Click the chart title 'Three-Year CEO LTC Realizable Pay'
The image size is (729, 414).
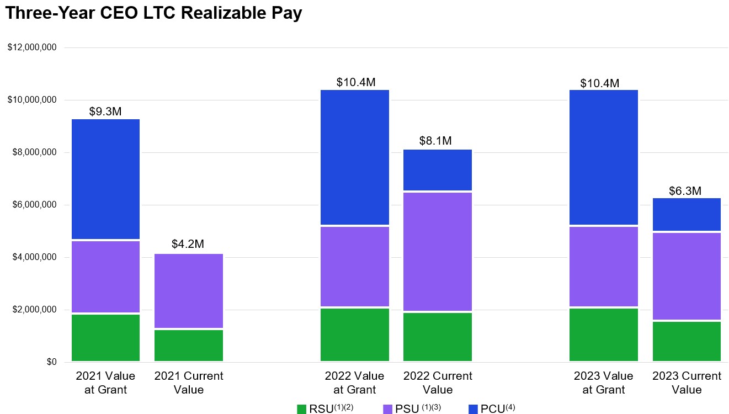click(153, 13)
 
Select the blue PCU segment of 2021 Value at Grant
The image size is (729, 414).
click(105, 179)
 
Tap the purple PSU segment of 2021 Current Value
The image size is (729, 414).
click(189, 290)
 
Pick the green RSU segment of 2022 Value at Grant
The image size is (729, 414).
click(355, 335)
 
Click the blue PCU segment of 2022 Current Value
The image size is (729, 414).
click(438, 169)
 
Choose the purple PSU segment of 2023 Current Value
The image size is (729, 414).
click(687, 276)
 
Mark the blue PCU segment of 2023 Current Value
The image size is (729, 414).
click(687, 214)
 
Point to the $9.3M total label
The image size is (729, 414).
click(105, 112)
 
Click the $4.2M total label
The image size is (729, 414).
click(188, 244)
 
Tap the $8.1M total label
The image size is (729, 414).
click(435, 141)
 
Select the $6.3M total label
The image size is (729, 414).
click(685, 191)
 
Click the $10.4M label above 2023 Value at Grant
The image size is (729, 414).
click(600, 83)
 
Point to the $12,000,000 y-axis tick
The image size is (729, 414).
click(32, 47)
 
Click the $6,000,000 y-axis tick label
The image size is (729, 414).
click(34, 205)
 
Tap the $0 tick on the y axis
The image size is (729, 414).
click(51, 362)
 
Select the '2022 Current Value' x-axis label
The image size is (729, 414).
click(438, 383)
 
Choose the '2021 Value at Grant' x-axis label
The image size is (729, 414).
click(105, 383)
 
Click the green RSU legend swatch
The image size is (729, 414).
click(301, 409)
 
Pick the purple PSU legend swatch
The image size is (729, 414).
click(387, 409)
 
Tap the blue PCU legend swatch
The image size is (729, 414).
click(473, 409)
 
